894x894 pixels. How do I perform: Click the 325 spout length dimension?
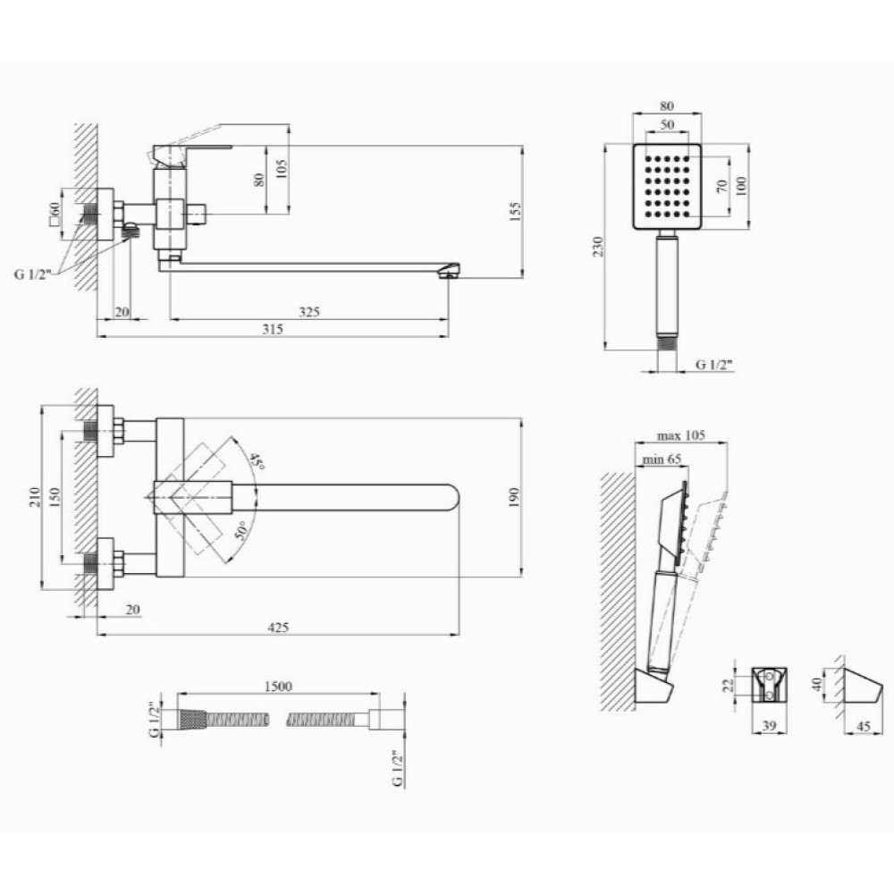coord(309,312)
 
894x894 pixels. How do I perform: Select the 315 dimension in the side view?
coord(273,329)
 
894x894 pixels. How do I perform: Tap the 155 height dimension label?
coord(515,211)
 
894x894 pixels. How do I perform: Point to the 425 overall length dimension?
coord(278,628)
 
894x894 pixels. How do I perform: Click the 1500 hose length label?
coord(278,686)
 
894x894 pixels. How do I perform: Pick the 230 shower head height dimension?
coord(597,247)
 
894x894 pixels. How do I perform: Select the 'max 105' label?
coord(680,435)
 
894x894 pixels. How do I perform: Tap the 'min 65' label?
coord(662,459)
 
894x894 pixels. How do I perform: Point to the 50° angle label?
coord(241,530)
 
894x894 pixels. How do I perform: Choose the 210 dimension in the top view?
coord(35,497)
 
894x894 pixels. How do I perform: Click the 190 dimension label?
coord(514,497)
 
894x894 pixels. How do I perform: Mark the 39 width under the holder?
coord(769,726)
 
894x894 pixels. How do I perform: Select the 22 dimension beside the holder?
coord(729,685)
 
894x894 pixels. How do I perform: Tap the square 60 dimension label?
coord(55,215)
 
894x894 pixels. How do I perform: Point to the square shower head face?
coord(667,187)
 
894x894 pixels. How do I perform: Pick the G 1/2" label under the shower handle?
coord(714,365)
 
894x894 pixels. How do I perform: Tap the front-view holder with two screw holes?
coord(769,685)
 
